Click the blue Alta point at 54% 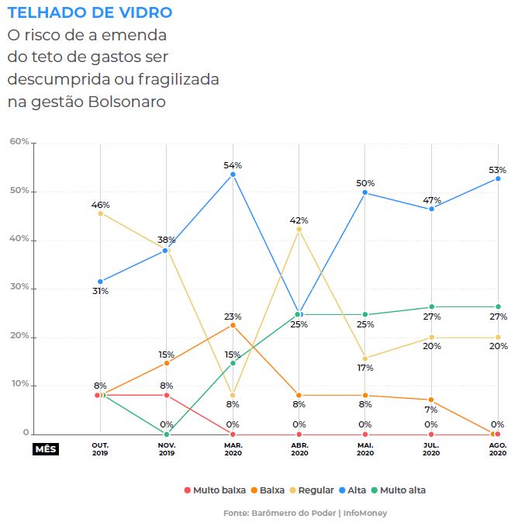pos(233,175)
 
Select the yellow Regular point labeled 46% pos(100,213)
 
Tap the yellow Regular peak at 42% pos(299,229)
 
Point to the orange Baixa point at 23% pos(233,325)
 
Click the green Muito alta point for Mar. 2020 pos(233,363)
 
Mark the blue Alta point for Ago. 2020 pos(498,178)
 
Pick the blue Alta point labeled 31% pos(100,282)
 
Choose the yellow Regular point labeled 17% pos(365,358)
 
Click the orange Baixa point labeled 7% pos(431,400)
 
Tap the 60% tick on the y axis pos(19,142)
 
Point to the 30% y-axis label pos(19,288)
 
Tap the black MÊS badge pos(46,449)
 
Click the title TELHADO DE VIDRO pos(90,13)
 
